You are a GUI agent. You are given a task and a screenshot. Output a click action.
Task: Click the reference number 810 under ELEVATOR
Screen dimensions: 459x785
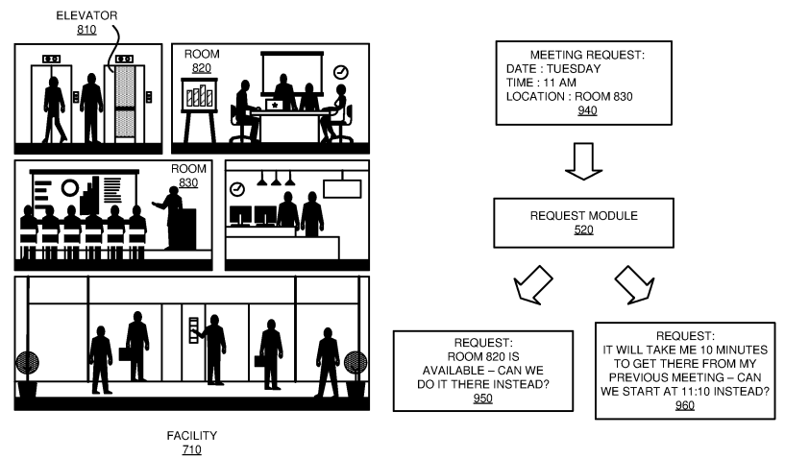click(x=86, y=31)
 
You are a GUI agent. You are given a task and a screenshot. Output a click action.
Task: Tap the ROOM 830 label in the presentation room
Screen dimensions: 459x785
click(x=188, y=175)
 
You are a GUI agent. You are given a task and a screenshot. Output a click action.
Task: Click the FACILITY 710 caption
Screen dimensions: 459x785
click(x=191, y=442)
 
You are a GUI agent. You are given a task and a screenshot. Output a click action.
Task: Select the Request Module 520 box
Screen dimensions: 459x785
click(x=582, y=224)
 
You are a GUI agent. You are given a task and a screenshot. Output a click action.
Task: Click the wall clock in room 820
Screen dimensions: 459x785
click(x=340, y=72)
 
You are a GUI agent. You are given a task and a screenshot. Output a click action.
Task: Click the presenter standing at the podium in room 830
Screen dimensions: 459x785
click(x=173, y=215)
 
